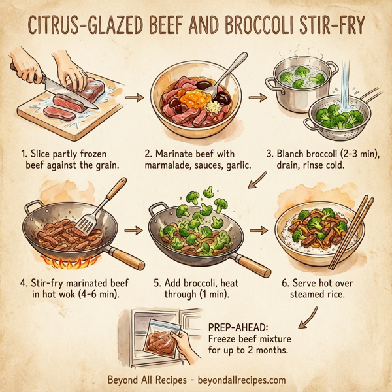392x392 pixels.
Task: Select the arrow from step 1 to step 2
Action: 134,98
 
